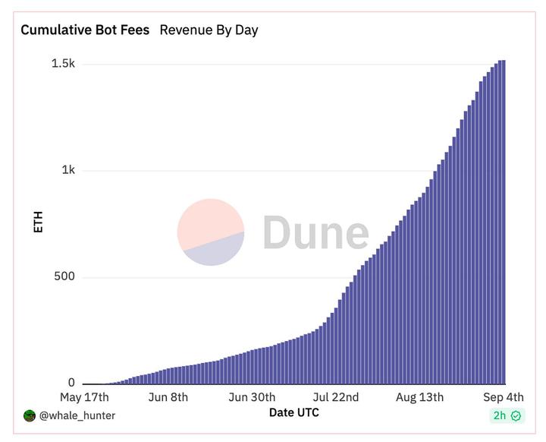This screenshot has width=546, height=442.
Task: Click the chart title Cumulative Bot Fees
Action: tap(85, 30)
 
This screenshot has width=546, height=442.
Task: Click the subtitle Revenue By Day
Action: tap(209, 30)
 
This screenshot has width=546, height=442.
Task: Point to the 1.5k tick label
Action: tap(63, 64)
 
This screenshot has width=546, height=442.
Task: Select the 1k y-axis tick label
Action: tap(68, 170)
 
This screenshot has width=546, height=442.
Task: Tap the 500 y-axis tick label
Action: tap(64, 276)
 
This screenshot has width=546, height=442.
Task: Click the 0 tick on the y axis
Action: tap(71, 384)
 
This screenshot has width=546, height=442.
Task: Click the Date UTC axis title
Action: tap(294, 412)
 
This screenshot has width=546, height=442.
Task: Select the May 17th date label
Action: tap(84, 397)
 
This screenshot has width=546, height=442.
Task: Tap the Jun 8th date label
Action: tap(168, 397)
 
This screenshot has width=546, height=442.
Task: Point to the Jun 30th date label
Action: tap(252, 397)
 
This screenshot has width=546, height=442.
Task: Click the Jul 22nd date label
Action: tap(336, 397)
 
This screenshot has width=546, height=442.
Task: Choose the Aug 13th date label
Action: tap(419, 397)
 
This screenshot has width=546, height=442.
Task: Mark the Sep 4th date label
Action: tap(504, 397)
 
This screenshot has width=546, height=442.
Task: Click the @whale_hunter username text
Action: tap(77, 415)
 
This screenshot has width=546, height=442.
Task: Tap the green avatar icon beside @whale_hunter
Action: tap(30, 415)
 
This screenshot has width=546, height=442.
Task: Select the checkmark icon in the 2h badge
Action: tap(516, 415)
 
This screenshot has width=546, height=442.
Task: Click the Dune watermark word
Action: tap(315, 233)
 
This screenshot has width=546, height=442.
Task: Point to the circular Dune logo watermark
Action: tap(211, 232)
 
